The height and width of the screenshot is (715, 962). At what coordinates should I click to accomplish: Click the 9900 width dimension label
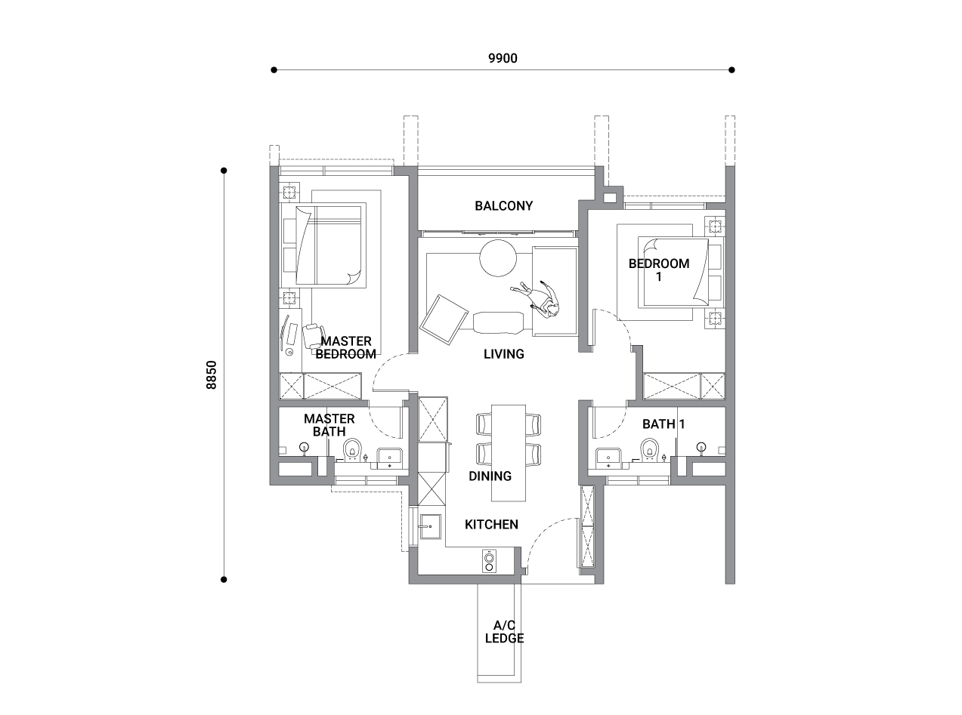503,58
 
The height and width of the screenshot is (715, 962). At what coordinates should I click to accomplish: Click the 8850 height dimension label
212,374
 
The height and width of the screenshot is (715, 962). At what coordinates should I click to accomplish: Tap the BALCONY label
503,206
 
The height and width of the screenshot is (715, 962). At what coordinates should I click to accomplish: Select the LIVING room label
503,354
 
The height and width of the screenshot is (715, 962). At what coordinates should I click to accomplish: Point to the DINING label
490,476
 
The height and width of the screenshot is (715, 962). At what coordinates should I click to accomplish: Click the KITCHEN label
491,525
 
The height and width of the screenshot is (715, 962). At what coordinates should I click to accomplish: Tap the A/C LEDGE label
504,632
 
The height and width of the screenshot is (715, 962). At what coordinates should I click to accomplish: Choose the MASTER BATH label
329,425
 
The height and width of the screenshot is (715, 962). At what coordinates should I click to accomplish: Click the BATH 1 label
664,424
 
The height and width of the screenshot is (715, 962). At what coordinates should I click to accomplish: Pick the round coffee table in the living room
498,258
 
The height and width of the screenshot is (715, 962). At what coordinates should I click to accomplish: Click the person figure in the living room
537,299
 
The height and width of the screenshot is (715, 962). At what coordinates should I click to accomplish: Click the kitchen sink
430,526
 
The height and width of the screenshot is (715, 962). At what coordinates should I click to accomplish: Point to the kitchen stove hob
489,561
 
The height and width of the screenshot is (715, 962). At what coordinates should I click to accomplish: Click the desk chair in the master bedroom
311,336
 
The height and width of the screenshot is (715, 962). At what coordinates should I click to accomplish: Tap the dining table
509,453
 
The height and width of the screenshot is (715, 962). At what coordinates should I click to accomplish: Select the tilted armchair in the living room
444,320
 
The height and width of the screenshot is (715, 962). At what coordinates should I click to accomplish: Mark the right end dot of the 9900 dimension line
732,69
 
